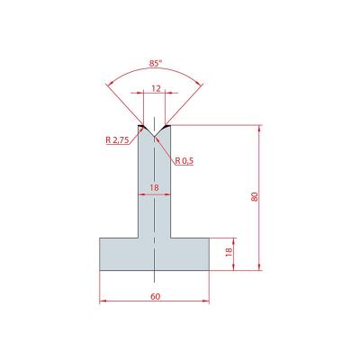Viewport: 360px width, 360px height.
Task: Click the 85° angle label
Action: coord(155,63)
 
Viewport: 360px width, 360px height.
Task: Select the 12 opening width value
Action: coord(157,88)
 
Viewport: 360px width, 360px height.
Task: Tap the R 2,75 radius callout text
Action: coord(117,139)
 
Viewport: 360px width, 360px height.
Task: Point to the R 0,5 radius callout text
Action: coord(184,161)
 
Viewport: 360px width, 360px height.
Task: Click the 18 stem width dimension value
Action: coord(154,188)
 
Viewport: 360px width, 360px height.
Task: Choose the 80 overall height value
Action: coord(255,197)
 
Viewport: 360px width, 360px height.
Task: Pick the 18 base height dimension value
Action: coord(228,251)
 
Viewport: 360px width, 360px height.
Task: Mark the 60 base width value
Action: coord(156,296)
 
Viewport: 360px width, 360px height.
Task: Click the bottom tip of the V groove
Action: coord(154,137)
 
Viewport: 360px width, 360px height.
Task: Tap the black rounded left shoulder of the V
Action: coord(142,126)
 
